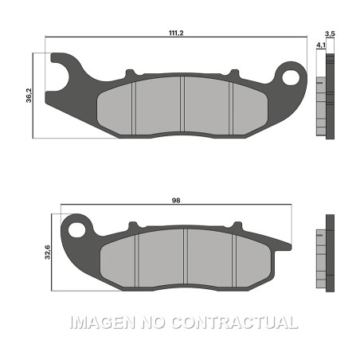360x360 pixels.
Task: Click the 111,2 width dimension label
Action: coord(176,33)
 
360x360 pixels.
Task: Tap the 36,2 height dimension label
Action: coord(29,96)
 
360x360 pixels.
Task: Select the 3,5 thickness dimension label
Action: coord(330,34)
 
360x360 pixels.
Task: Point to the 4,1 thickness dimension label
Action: coord(321,45)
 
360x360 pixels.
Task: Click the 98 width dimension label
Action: coord(176,201)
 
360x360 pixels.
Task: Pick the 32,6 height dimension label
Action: coord(47,252)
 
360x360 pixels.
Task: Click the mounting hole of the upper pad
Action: coord(291,77)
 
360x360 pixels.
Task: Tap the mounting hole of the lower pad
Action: coord(77,229)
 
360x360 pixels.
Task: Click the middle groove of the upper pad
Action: coord(182,104)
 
